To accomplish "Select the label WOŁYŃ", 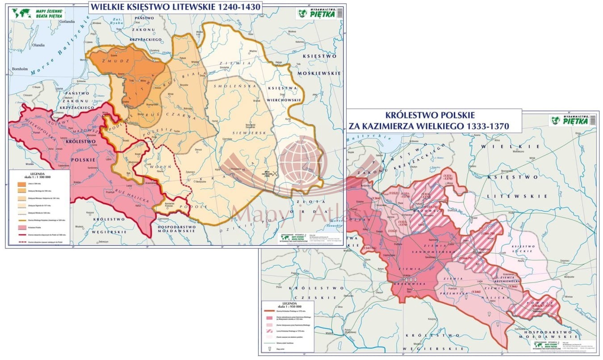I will pos(162,166).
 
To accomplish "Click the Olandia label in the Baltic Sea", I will pos(38,45).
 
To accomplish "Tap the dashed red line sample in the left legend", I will pos(21,241).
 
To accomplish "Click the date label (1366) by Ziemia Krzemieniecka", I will pos(513,286).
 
